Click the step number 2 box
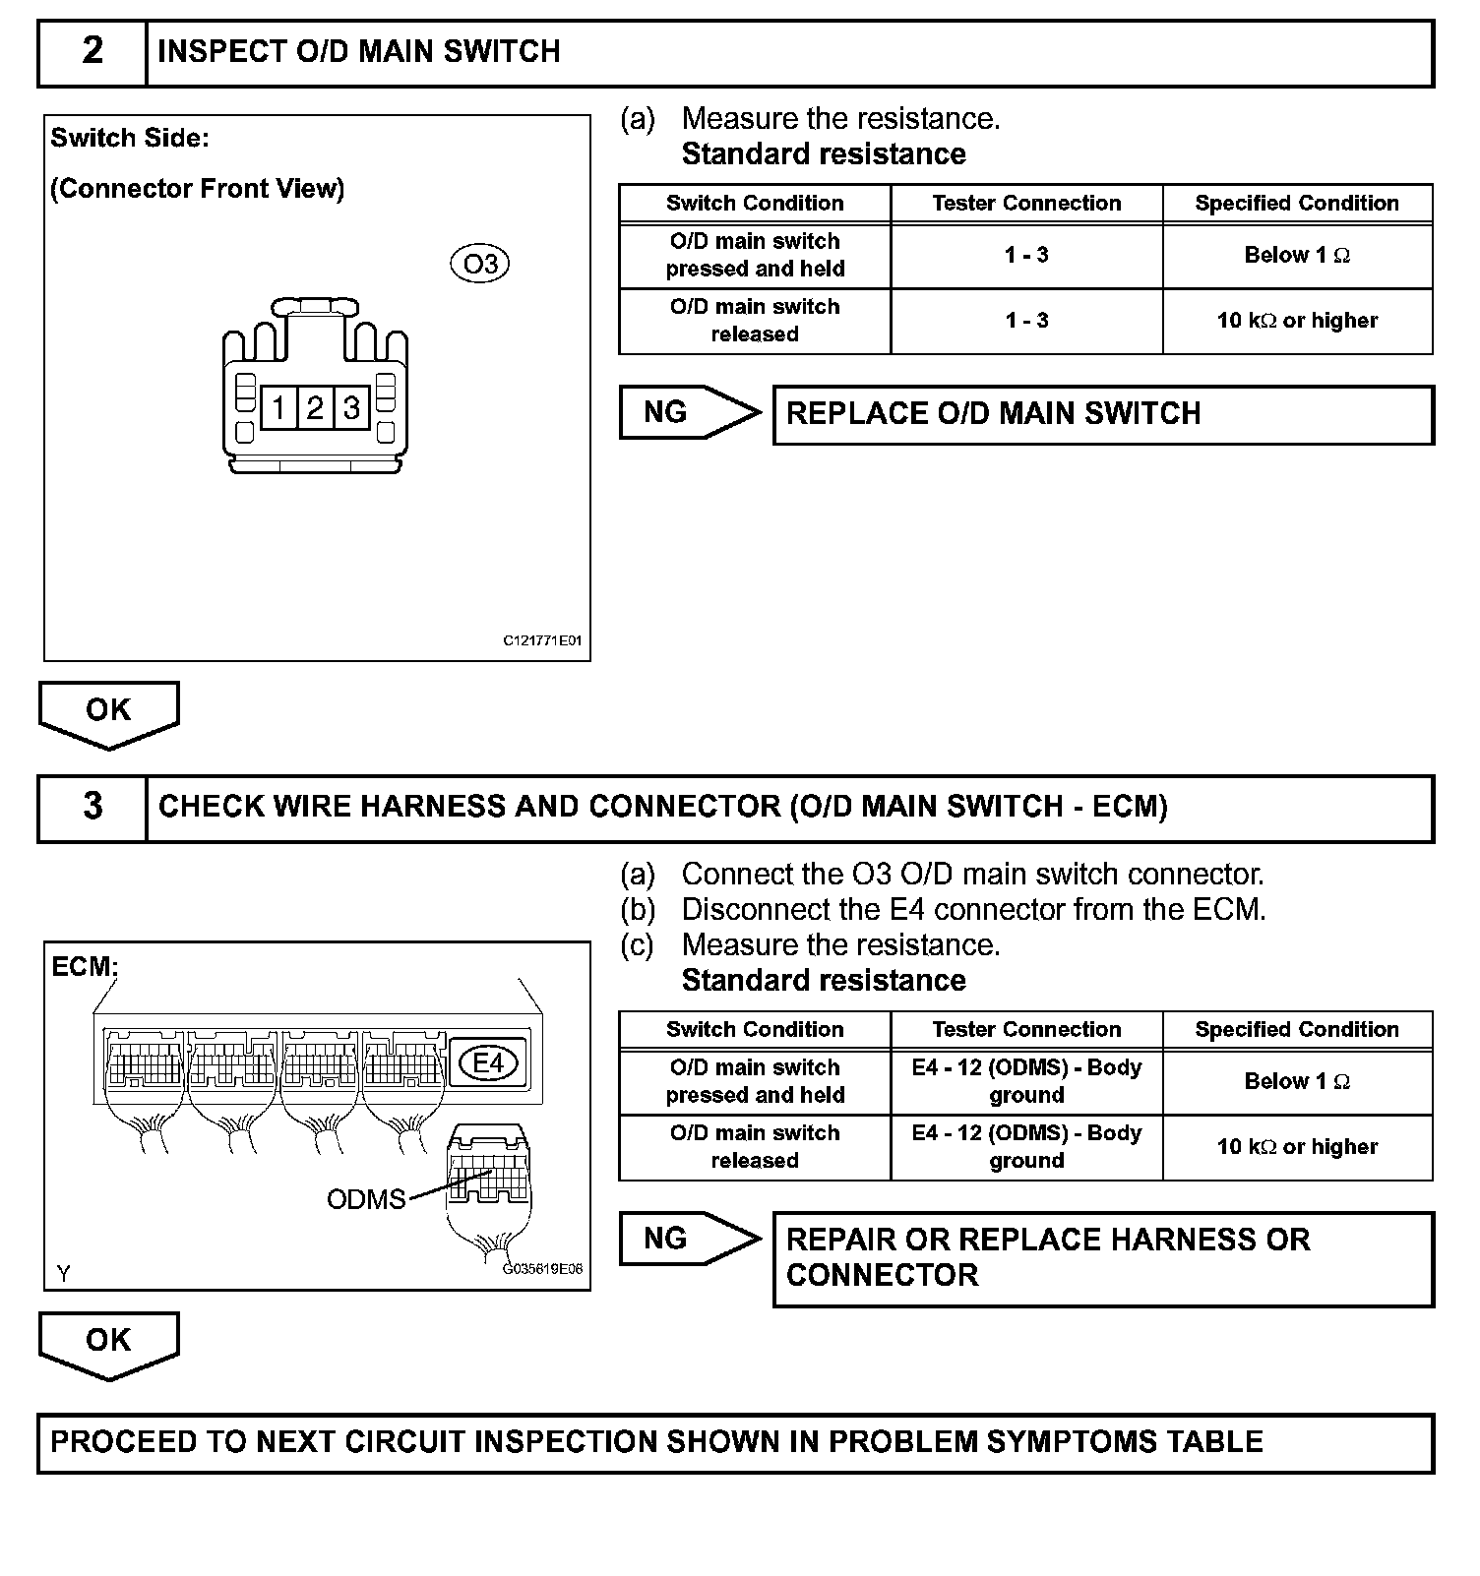click(x=92, y=51)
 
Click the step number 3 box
click(x=92, y=807)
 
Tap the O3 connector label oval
click(x=480, y=264)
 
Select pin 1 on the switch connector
click(x=279, y=407)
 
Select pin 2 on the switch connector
click(x=315, y=407)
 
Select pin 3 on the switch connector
click(x=351, y=407)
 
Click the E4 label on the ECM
click(x=489, y=1062)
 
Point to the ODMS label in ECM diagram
click(x=366, y=1199)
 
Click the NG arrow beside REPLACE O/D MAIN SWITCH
click(x=689, y=412)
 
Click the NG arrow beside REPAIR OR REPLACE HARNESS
click(x=689, y=1239)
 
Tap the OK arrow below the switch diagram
click(x=108, y=712)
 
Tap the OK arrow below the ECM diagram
click(x=108, y=1342)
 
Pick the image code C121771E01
click(x=542, y=640)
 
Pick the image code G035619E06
click(x=543, y=1269)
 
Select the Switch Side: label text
click(x=130, y=138)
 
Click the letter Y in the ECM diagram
click(x=64, y=1274)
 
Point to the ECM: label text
click(x=85, y=967)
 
